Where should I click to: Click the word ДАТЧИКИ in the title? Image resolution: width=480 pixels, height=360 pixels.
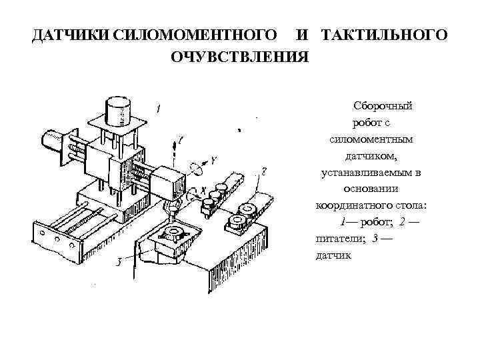pos(72,34)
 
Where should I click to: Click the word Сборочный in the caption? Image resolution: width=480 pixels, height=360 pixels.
pos(383,106)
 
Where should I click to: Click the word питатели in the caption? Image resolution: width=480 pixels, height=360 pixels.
pos(338,239)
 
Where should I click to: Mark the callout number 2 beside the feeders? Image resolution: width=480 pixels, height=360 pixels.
pos(265,171)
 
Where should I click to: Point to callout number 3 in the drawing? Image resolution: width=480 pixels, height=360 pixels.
pos(117,262)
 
